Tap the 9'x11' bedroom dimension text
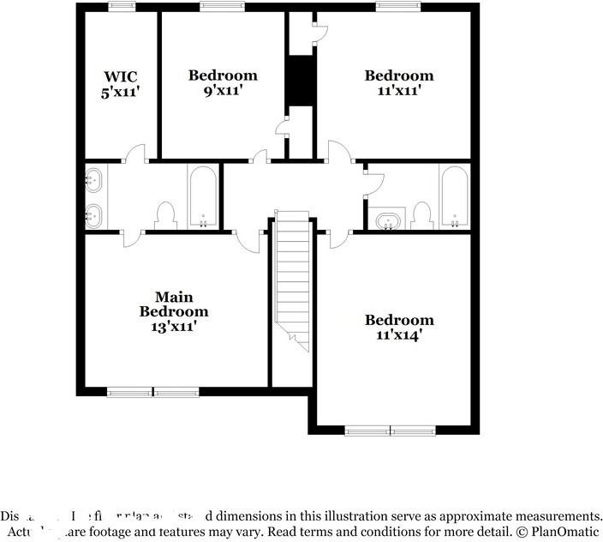[x=223, y=89]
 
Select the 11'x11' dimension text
[x=399, y=89]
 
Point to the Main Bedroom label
[x=174, y=304]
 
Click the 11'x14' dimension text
[x=399, y=334]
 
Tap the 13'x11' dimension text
[x=174, y=326]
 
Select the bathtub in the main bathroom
[x=203, y=196]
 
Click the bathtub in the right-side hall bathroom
[x=453, y=196]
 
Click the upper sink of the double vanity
[x=94, y=180]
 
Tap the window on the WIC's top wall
[x=121, y=7]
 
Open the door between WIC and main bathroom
[x=133, y=158]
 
